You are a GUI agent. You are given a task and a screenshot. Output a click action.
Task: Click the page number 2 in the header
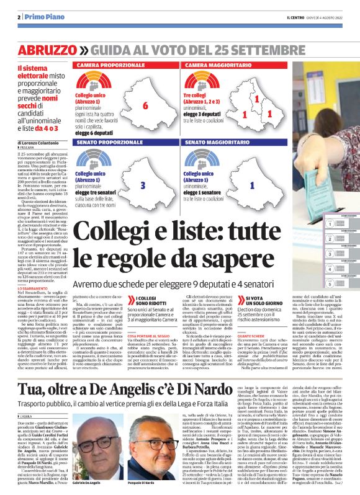(20, 17)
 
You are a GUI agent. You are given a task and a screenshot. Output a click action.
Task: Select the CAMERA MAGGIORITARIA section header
(218, 65)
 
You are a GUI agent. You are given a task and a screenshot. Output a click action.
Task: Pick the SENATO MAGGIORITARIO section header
(218, 143)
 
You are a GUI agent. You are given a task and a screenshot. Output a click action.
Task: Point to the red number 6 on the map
(145, 105)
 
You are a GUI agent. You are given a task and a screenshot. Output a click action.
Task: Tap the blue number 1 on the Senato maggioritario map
(251, 185)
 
